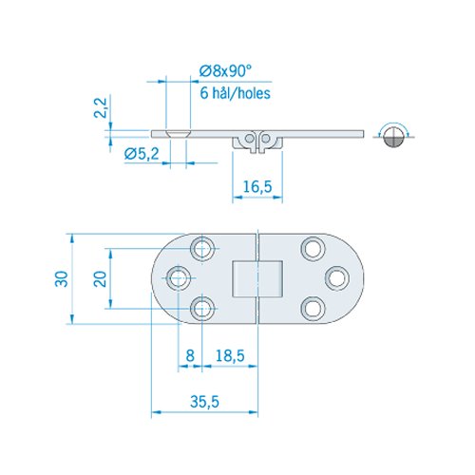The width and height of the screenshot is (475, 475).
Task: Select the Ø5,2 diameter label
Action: pos(140,152)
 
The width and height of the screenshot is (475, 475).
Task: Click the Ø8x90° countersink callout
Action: pos(230,69)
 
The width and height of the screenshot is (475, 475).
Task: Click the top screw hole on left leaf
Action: pos(201,248)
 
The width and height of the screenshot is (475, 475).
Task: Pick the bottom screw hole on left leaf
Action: pos(201,308)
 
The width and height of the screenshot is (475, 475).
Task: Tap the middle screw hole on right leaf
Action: pos(334,277)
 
